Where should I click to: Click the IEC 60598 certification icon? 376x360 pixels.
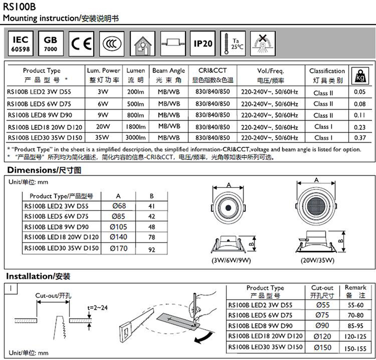21,44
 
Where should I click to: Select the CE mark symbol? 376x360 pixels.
81,44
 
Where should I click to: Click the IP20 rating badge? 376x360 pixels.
203,44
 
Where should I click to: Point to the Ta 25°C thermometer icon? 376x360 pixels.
233,44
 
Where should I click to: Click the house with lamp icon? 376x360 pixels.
142,44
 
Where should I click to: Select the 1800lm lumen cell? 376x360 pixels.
135,127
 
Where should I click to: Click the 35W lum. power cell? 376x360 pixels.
103,138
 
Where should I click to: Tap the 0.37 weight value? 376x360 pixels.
359,138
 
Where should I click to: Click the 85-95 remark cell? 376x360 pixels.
354,325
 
